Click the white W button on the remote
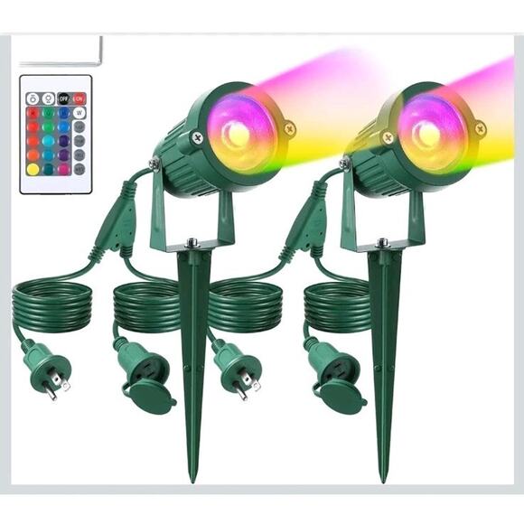tap(79, 113)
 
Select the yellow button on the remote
tap(33, 169)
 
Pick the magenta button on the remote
tap(63, 169)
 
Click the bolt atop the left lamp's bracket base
tap(192, 242)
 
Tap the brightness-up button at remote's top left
tap(33, 98)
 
